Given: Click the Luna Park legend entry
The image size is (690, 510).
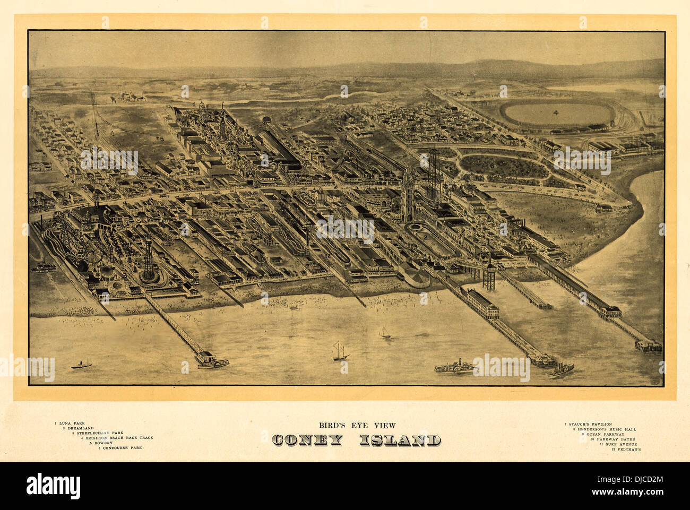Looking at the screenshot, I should [71, 423].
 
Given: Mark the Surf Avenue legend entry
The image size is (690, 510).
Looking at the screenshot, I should [619, 444].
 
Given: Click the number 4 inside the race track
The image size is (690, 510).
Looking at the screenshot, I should [556, 113].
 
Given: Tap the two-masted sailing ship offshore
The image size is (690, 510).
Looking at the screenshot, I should [341, 351].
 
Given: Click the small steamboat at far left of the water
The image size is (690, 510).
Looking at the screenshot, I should [81, 365].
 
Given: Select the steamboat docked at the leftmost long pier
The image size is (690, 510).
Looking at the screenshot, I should [212, 361].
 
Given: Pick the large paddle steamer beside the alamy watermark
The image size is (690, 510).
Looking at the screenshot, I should [454, 367].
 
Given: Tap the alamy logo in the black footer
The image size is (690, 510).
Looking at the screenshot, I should [54, 486].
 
